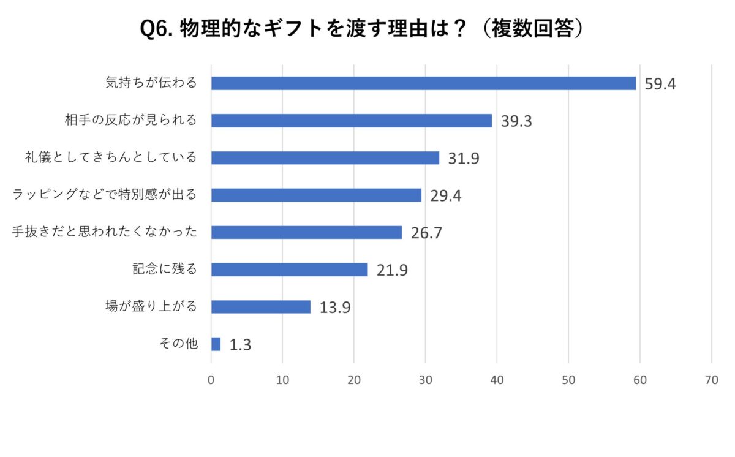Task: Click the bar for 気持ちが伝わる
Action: pyautogui.click(x=423, y=83)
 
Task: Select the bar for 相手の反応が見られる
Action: pyautogui.click(x=352, y=121)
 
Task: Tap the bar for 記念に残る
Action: pyautogui.click(x=289, y=270)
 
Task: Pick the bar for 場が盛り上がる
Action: pyautogui.click(x=261, y=307)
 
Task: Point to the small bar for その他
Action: pyautogui.click(x=216, y=344)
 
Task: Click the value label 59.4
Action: pyautogui.click(x=660, y=84)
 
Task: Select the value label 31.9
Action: pyautogui.click(x=463, y=158)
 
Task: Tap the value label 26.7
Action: pyautogui.click(x=426, y=233)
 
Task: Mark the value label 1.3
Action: pyautogui.click(x=240, y=345)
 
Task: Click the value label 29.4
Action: pyautogui.click(x=445, y=195)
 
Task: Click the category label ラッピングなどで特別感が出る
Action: pyautogui.click(x=105, y=195)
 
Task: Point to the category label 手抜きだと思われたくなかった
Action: pyautogui.click(x=105, y=232)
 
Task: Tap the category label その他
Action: pyautogui.click(x=178, y=344)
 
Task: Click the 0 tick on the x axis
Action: pyautogui.click(x=211, y=380)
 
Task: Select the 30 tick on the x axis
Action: pyautogui.click(x=426, y=380)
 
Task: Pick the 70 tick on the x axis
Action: pyautogui.click(x=712, y=380)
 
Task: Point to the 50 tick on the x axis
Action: pyautogui.click(x=568, y=380)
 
